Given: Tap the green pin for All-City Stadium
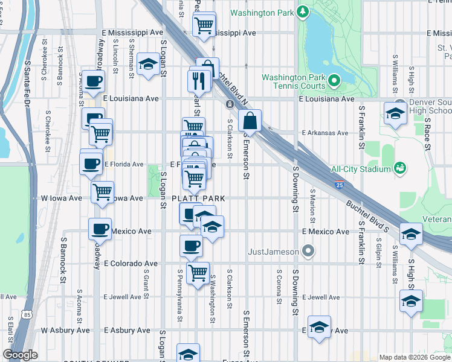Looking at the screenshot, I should [399, 167].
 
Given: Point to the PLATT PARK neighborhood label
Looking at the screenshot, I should [198, 198].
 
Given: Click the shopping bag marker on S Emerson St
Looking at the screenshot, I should [250, 121].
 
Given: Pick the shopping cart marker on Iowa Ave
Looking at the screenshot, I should [102, 192].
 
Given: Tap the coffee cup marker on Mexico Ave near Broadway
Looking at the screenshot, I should [100, 229].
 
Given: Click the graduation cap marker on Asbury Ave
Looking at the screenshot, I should [318, 328].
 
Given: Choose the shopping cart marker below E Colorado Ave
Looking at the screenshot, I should [198, 273].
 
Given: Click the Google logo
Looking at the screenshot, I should [21, 355].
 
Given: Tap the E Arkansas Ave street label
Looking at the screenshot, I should [326, 133].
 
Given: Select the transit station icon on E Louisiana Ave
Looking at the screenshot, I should [230, 104].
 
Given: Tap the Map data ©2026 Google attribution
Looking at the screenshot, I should [414, 357].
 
